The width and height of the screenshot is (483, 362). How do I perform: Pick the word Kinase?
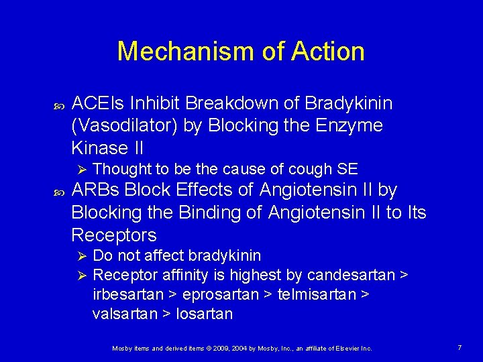99,147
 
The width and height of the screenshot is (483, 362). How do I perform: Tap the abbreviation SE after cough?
347,168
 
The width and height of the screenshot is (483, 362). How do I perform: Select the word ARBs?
97,191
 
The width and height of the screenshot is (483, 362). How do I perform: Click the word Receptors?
114,235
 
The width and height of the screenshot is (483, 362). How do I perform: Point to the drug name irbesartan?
127,294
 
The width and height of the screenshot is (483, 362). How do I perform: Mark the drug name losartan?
204,314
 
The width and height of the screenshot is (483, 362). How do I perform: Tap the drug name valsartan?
125,314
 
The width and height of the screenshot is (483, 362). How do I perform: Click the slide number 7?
459,347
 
